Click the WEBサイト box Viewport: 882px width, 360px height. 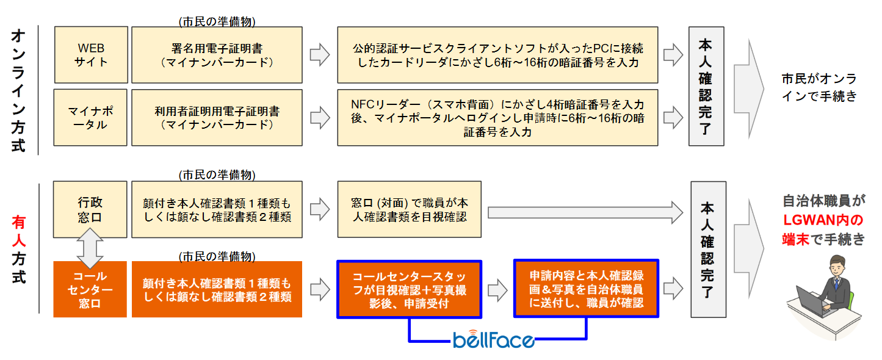(x=92, y=55)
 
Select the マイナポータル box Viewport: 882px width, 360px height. (x=92, y=118)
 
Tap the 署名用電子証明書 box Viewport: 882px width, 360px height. (x=217, y=55)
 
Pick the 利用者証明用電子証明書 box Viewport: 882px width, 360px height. (x=217, y=118)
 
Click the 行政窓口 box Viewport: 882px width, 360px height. (x=90, y=209)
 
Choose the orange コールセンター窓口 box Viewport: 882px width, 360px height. (x=90, y=290)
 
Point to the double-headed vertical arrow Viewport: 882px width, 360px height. (x=90, y=249)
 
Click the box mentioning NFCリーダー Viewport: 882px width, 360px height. (x=497, y=117)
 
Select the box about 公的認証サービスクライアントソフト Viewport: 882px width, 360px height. (x=497, y=55)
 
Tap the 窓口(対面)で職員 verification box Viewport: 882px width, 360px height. (x=409, y=209)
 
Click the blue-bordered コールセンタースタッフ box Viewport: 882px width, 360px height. (x=409, y=290)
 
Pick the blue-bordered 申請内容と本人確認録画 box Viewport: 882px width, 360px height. (x=586, y=289)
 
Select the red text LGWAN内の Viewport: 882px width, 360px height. (x=823, y=220)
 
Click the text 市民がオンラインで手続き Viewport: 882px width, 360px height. (x=819, y=87)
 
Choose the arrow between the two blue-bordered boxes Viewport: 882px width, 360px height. (x=498, y=289)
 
